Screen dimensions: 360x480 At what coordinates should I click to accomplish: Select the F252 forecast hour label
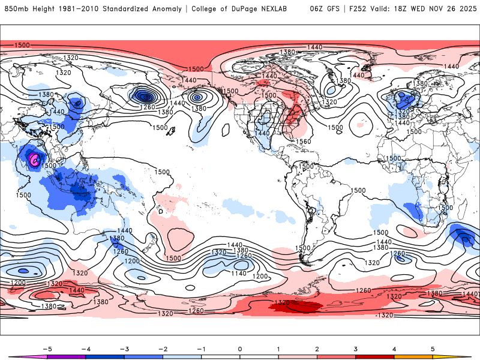(358, 9)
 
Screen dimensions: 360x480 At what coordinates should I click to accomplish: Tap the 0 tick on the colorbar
(239, 348)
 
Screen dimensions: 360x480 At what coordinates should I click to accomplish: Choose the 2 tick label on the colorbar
(317, 348)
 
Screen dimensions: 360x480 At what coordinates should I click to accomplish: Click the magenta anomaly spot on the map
(35, 159)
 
